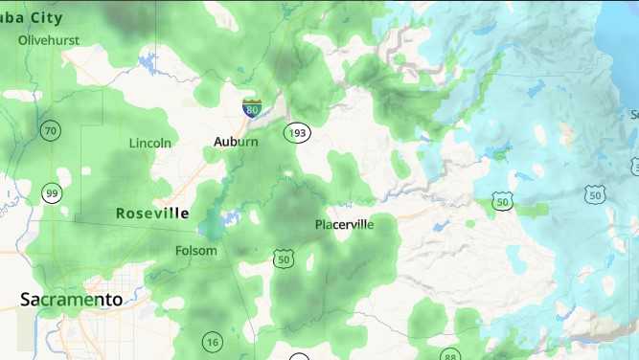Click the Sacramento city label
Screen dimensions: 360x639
tap(72, 300)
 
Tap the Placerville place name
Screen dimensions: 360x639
tap(344, 225)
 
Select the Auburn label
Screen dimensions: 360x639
tap(236, 142)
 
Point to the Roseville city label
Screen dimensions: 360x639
tap(152, 214)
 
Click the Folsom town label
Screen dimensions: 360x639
tap(196, 251)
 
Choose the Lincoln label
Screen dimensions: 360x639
tap(150, 143)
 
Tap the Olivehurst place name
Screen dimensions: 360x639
tap(49, 40)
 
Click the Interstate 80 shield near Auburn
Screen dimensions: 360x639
tap(252, 107)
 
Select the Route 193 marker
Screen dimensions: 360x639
tap(298, 132)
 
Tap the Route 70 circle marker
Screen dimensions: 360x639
tap(51, 129)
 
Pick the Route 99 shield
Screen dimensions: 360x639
tap(52, 193)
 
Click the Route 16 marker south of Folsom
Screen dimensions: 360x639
tap(212, 342)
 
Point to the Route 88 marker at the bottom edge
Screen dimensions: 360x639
tap(450, 355)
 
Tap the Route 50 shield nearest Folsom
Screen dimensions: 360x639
tap(283, 259)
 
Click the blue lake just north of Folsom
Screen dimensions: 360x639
tap(213, 226)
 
